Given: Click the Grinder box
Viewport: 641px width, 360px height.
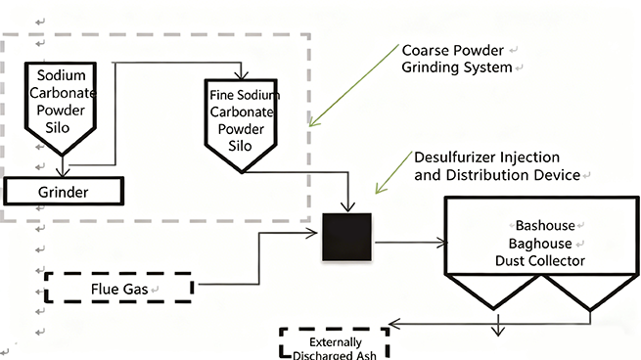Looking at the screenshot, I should click(65, 191).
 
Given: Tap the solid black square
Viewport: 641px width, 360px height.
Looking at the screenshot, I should click(346, 237).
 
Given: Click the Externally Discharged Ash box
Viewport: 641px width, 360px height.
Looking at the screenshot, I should click(335, 343).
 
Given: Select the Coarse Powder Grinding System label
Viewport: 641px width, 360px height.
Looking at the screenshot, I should click(457, 58).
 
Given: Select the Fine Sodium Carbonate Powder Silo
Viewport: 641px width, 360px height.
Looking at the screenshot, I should click(242, 122).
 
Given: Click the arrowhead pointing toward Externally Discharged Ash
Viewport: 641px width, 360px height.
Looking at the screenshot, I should click(392, 321).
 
